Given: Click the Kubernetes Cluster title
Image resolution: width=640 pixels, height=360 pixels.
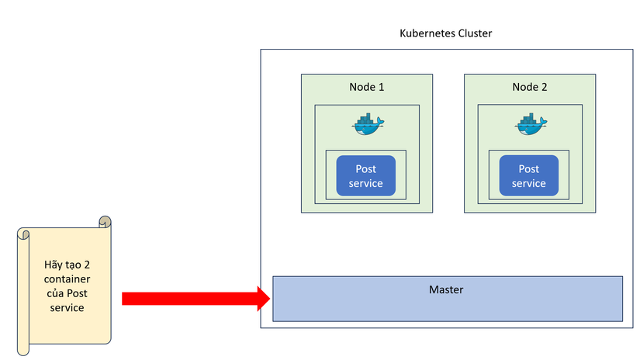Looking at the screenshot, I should (x=445, y=33).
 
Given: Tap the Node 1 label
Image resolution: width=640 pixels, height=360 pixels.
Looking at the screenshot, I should (x=366, y=87).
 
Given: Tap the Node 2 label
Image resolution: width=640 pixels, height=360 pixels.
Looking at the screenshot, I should (x=529, y=87).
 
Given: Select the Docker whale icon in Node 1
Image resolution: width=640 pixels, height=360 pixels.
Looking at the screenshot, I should (x=368, y=123).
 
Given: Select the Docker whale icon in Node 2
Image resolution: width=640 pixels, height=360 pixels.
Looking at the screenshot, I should (x=531, y=123).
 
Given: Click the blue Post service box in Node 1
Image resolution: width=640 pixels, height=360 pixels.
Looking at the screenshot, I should (x=365, y=176).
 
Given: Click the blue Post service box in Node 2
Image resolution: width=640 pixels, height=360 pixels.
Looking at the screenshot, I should (x=528, y=176).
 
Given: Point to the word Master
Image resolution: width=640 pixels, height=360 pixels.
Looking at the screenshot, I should (x=446, y=289).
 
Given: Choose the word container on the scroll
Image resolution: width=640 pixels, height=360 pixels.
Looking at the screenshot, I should (x=66, y=279).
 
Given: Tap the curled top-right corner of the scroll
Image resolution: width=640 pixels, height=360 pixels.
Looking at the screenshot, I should (x=105, y=222).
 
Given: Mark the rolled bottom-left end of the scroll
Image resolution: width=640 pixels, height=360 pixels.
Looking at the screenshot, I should (x=23, y=348).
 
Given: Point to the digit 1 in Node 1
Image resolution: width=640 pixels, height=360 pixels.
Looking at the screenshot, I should (x=381, y=87).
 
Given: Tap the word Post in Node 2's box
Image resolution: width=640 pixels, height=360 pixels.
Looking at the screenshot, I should (x=528, y=169).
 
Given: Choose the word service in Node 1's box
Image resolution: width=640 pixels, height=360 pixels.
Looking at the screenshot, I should (x=365, y=184).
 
